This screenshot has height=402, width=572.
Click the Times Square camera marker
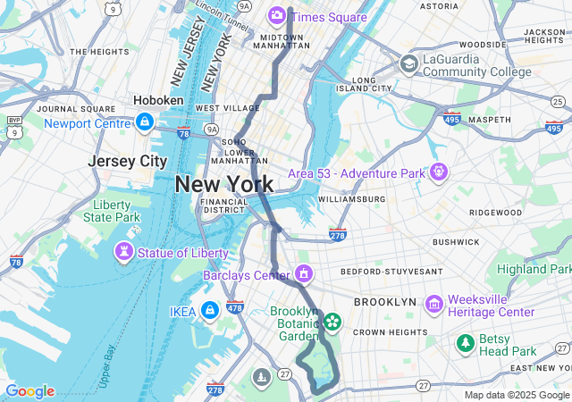[x=277, y=15]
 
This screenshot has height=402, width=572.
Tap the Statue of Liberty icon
[x=124, y=253]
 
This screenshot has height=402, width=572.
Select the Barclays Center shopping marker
[x=305, y=273]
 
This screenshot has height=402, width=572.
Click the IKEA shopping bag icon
[x=208, y=310]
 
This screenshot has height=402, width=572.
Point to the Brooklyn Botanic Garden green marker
[x=332, y=320]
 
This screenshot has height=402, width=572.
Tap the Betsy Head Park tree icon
[x=465, y=343]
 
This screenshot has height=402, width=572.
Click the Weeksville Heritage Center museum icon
[x=434, y=305]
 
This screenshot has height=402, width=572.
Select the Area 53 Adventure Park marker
[x=438, y=170]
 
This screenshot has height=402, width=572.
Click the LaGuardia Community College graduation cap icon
[x=408, y=64]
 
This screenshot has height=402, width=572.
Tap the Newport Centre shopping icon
[x=144, y=121]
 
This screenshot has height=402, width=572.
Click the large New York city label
[x=224, y=184]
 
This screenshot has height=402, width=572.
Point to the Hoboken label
[x=158, y=101]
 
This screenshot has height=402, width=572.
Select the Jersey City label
[x=128, y=161]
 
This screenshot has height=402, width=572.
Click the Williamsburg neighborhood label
[x=350, y=198]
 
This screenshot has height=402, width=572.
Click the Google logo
[x=29, y=391]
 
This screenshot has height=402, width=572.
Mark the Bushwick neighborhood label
[x=456, y=241]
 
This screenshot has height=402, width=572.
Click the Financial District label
[x=223, y=206]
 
